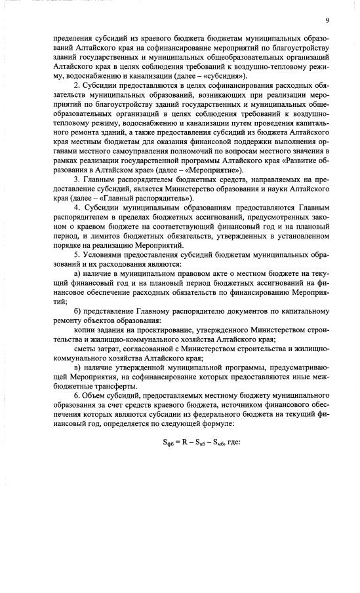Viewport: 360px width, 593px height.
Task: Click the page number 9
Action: click(327, 20)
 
